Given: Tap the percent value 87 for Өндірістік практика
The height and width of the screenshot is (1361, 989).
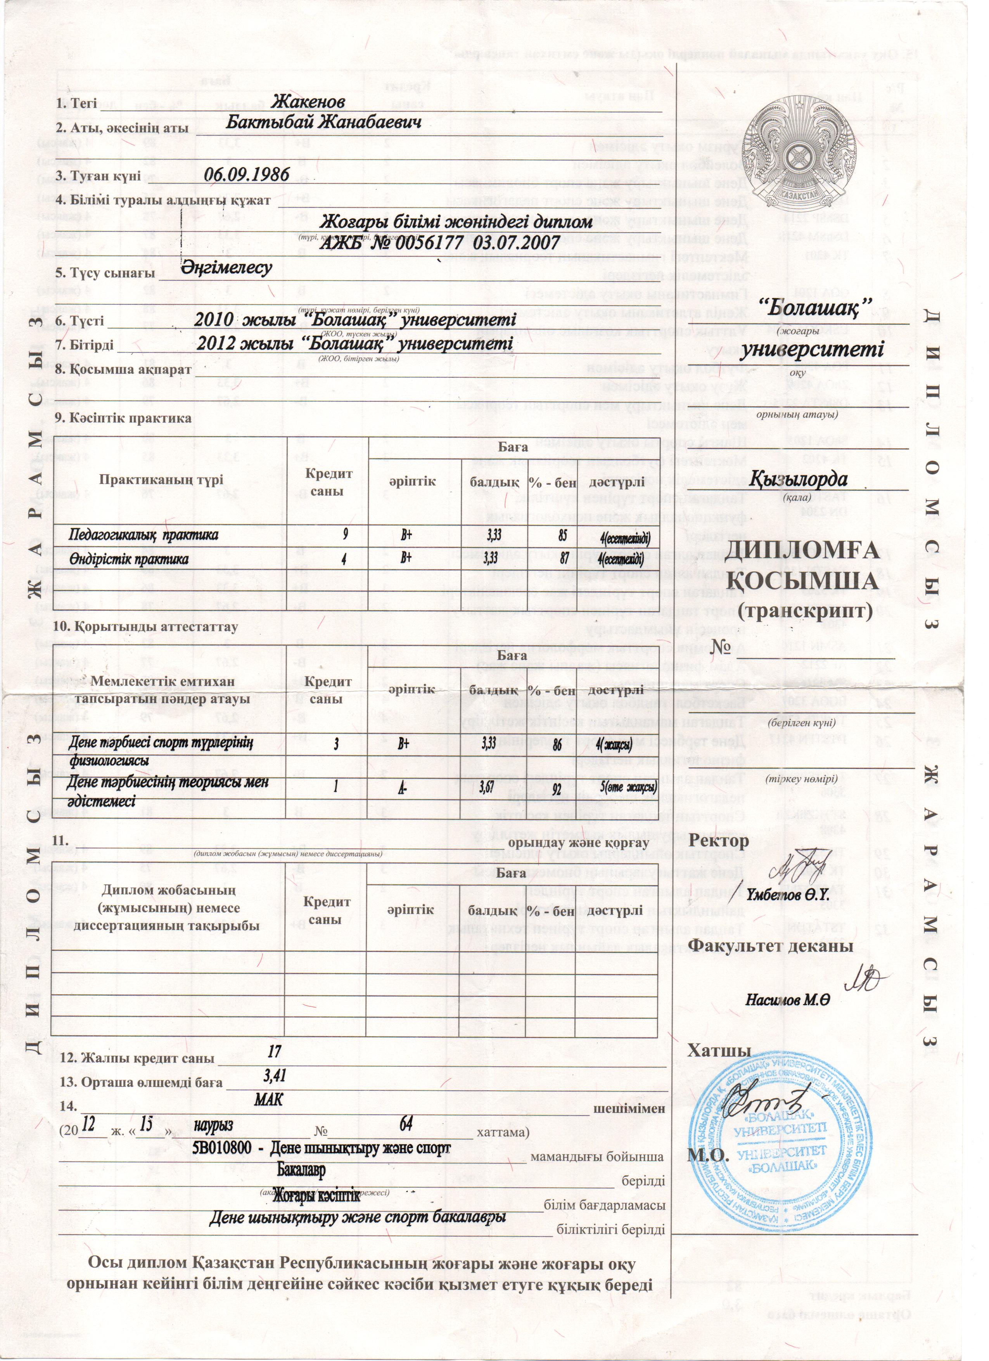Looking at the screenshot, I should pos(562,558).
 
